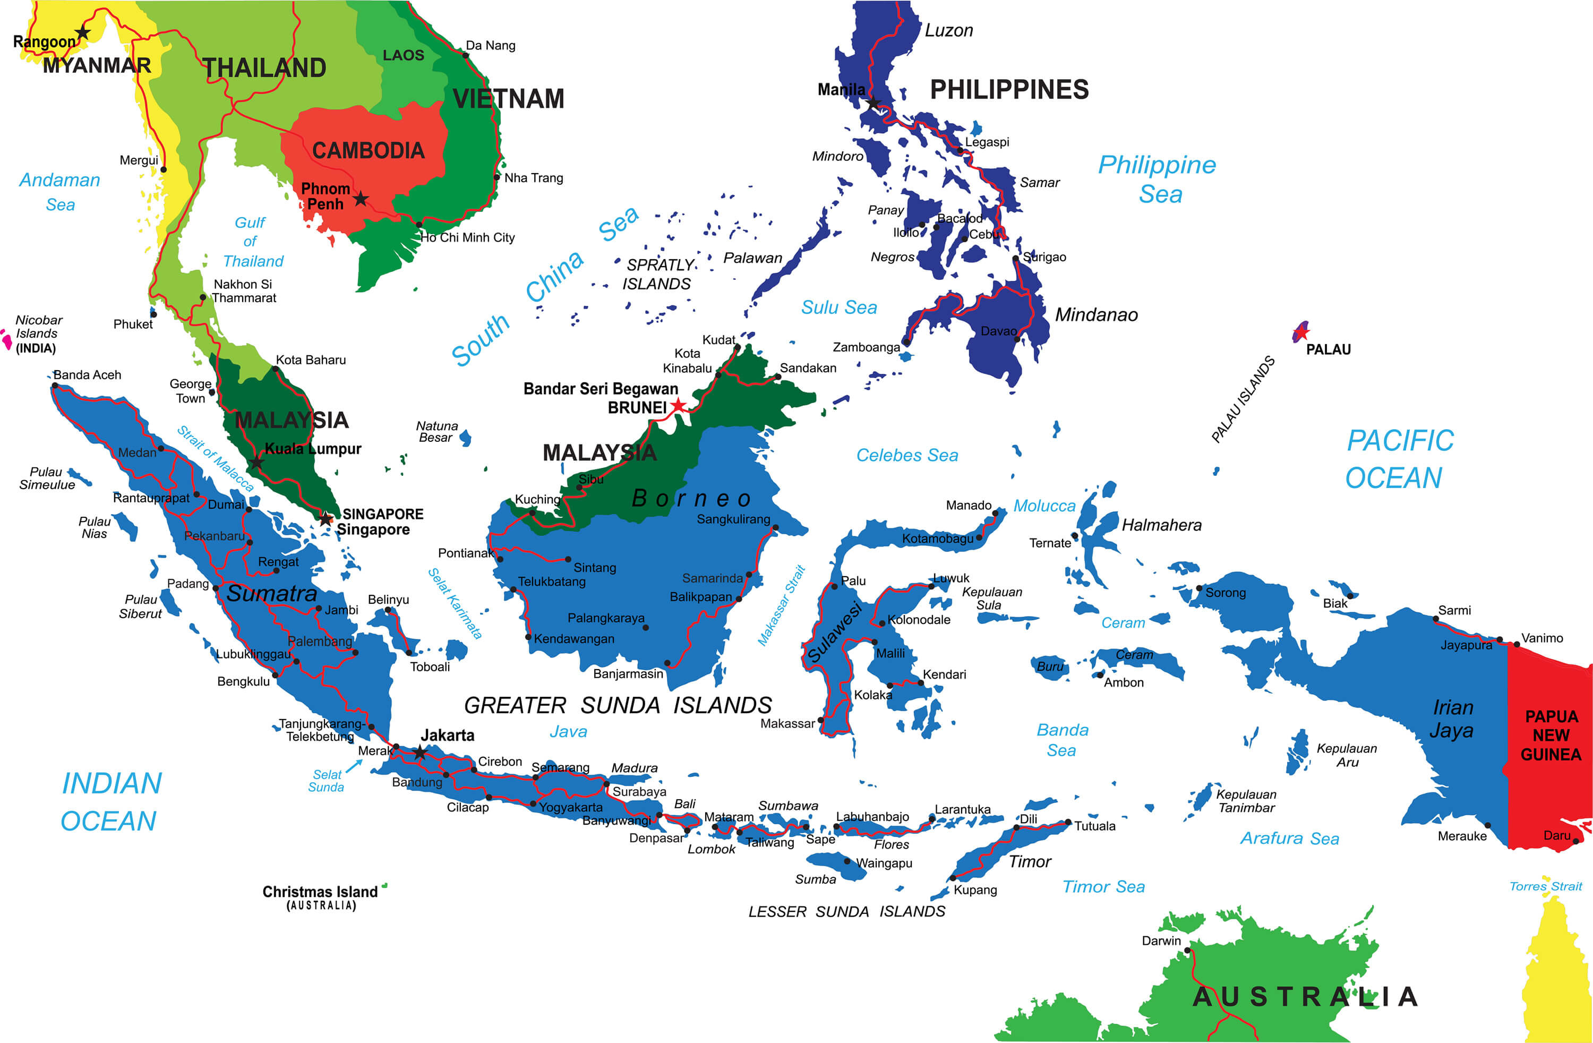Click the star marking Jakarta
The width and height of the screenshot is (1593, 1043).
click(419, 753)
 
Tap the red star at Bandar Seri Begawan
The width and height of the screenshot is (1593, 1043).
click(678, 405)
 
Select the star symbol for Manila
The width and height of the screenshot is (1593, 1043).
click(873, 103)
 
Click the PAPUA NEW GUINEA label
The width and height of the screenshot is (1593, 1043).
click(1551, 735)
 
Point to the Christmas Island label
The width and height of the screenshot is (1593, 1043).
click(320, 892)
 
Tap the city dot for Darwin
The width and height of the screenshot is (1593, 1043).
click(1187, 950)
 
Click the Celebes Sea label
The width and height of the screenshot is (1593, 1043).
click(907, 455)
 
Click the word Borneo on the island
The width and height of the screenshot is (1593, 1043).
click(691, 498)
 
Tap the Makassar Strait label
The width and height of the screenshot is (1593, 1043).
click(781, 605)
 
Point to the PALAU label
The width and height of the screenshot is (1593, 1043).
click(1328, 349)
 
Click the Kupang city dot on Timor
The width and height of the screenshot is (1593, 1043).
click(952, 878)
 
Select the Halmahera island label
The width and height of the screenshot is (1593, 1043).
click(1161, 525)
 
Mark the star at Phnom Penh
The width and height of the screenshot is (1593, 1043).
click(361, 199)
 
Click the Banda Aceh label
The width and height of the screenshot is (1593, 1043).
click(87, 375)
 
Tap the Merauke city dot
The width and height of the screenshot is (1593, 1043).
click(1488, 825)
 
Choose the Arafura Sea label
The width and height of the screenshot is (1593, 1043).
click(1289, 838)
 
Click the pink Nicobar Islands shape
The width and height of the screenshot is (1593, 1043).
click(7, 339)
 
